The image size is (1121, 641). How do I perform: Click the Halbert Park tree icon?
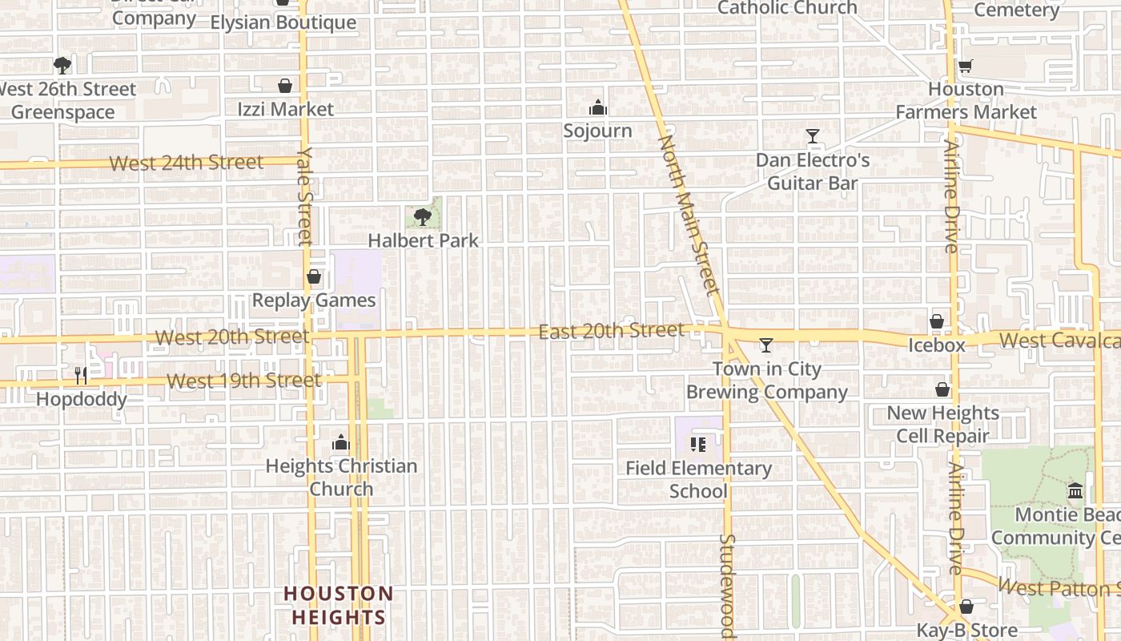[423, 216]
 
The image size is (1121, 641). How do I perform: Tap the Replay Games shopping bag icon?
[314, 276]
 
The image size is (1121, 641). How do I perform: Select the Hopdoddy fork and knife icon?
[81, 375]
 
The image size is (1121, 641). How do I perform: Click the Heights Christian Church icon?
[341, 442]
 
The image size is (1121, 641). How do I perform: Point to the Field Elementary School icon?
[698, 444]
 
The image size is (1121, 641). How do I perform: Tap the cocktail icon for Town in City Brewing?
[766, 345]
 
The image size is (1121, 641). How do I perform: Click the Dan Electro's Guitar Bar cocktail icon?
[813, 136]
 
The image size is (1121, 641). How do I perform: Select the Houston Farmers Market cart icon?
[966, 66]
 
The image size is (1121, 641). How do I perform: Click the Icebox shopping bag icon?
[937, 321]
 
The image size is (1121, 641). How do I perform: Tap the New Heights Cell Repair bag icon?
[942, 389]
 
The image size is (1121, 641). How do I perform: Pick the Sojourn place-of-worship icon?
[597, 107]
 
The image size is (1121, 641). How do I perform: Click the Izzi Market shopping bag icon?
[285, 86]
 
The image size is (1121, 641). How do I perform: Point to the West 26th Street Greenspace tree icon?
[62, 65]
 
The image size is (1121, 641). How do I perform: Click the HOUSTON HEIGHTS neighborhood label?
[339, 605]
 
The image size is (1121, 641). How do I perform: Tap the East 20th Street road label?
[612, 331]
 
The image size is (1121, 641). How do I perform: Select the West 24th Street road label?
[187, 163]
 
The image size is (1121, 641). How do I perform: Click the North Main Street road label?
[687, 214]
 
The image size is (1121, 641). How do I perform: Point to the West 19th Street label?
[244, 381]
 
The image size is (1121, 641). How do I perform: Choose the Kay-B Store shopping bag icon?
[966, 607]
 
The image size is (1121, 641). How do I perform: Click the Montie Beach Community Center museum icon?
[1075, 490]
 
